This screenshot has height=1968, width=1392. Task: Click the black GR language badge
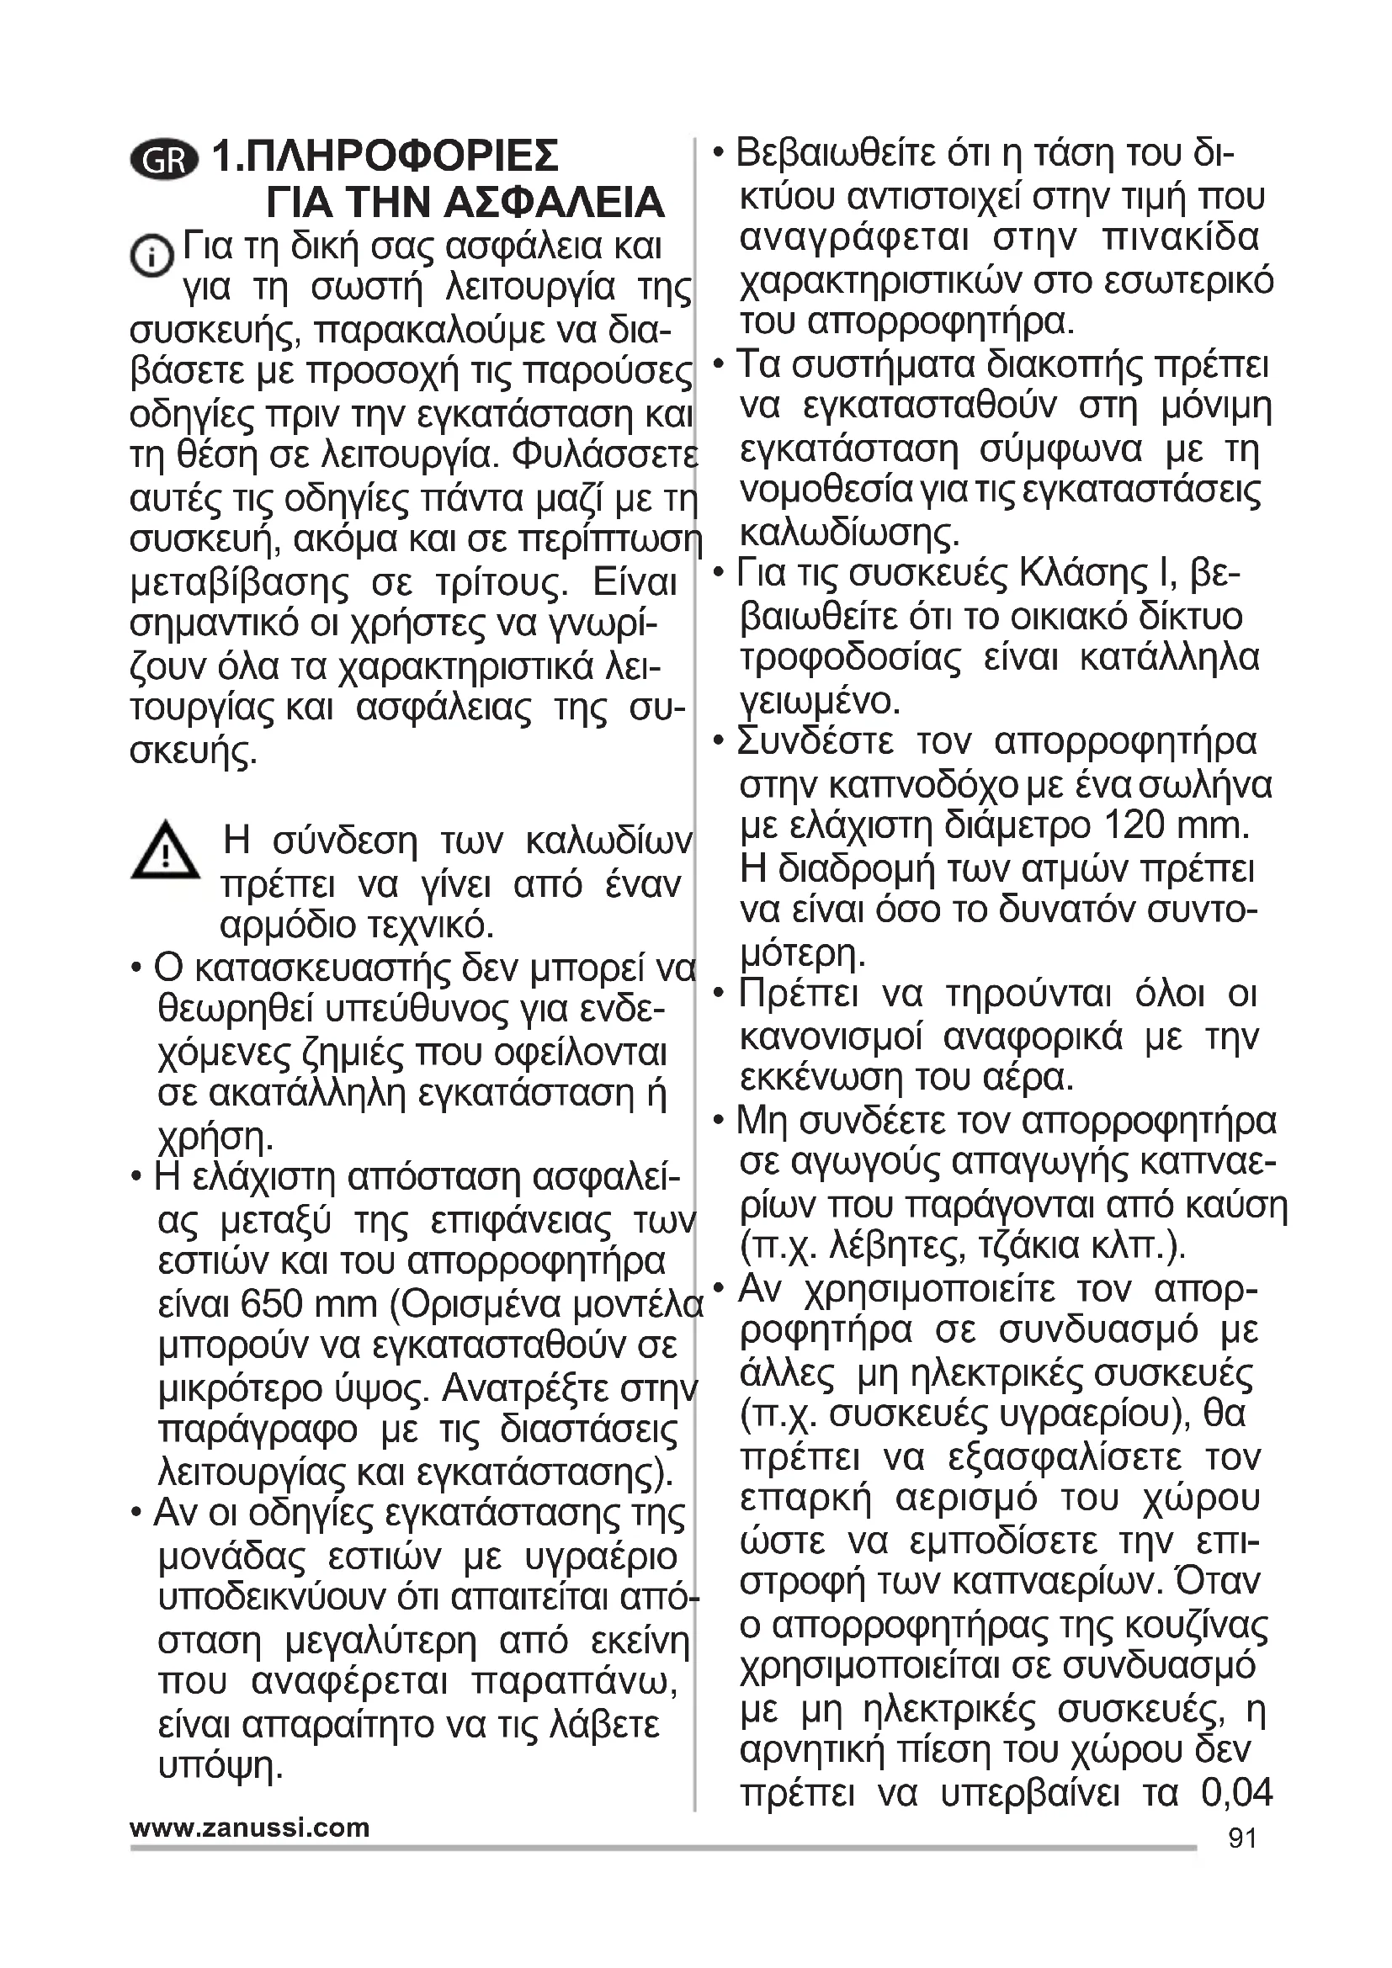164,159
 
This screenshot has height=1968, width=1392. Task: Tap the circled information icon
151,255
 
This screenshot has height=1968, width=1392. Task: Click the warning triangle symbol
165,851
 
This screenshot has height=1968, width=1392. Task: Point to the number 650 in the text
273,1305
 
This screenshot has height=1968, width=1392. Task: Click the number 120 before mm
1134,825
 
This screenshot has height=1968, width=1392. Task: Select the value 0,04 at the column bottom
1237,1792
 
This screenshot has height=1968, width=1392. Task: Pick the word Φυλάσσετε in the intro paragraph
606,454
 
